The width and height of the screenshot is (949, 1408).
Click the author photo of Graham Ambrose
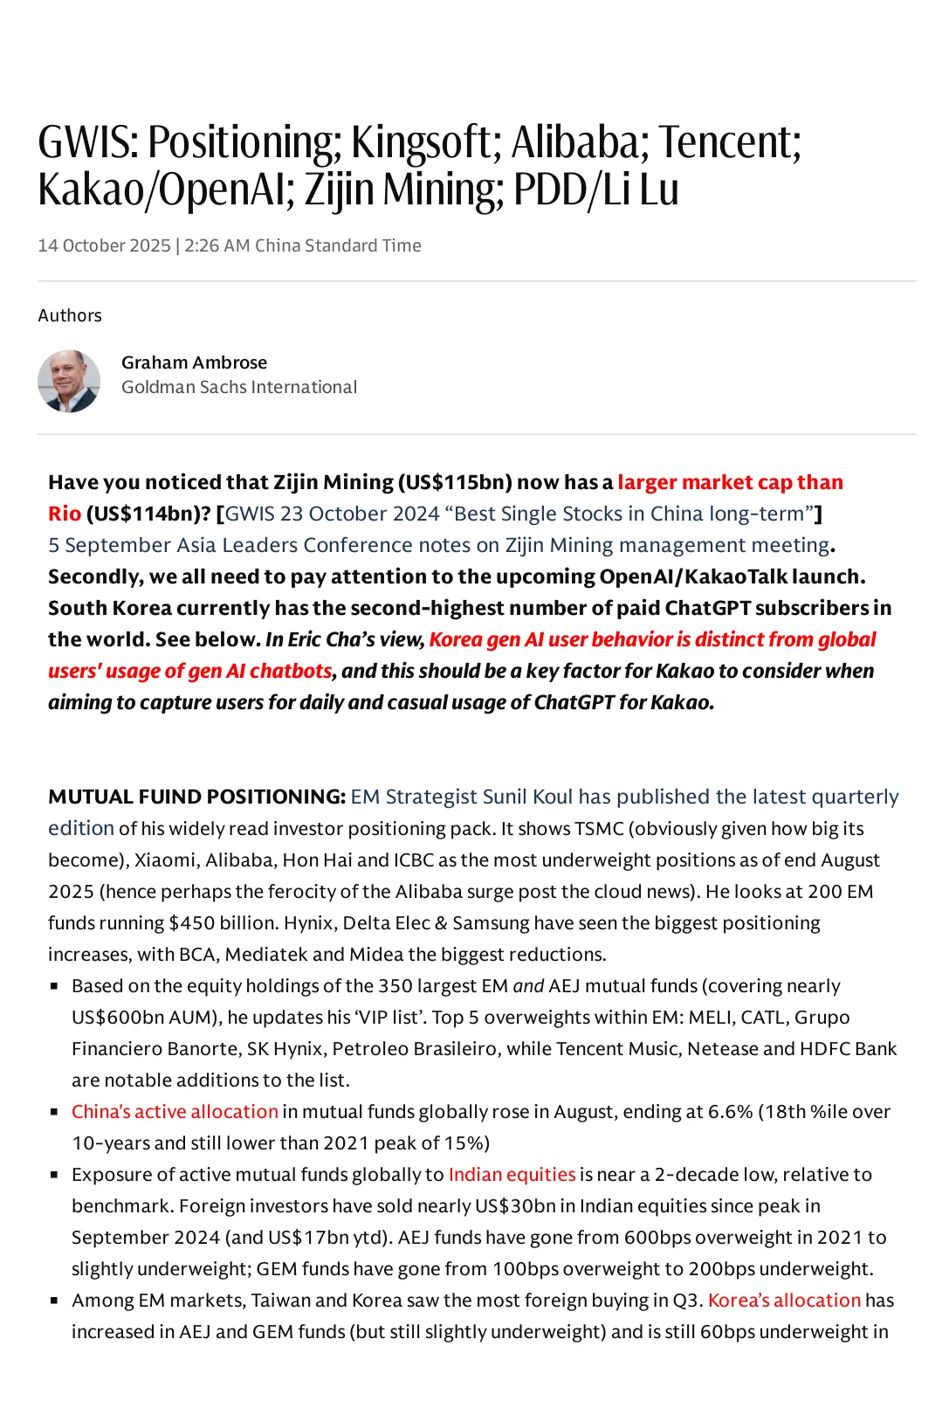[69, 381]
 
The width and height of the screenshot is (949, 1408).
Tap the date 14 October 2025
[104, 245]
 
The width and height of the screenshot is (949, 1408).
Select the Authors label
[70, 315]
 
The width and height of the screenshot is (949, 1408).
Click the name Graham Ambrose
[194, 362]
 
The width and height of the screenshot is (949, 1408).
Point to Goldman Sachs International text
[239, 387]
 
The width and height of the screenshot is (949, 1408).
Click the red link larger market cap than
[730, 482]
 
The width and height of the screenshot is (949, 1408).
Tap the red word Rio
[65, 514]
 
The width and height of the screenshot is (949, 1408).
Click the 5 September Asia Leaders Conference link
[438, 545]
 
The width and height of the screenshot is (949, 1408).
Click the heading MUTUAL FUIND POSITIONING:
[197, 797]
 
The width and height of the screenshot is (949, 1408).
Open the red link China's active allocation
[175, 1111]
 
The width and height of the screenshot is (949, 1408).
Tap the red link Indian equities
[512, 1174]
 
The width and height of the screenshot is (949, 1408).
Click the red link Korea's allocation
[784, 1300]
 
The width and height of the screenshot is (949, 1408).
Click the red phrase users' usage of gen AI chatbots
[190, 671]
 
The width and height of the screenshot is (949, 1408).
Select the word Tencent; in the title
[729, 142]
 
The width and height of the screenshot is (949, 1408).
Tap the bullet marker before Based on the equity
[54, 985]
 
